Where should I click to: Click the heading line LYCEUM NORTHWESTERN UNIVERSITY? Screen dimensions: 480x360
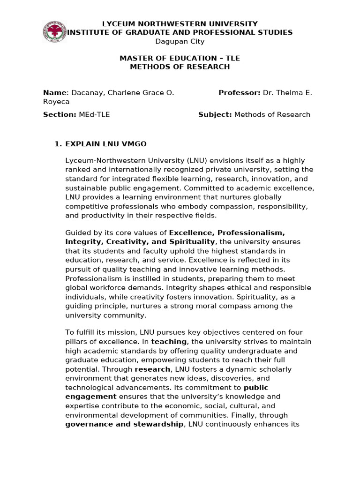click(180, 23)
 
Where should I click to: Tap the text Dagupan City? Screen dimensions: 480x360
click(180, 41)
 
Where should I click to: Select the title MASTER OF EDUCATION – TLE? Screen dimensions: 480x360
click(180, 58)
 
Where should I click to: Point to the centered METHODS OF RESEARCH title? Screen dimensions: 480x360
click(180, 67)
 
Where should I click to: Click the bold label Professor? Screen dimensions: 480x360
click(240, 93)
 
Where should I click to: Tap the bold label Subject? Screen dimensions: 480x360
click(215, 114)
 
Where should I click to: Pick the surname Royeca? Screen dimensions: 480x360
click(56, 102)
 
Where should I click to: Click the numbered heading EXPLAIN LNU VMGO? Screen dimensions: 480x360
click(106, 144)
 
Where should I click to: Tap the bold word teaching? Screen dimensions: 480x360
click(169, 342)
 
